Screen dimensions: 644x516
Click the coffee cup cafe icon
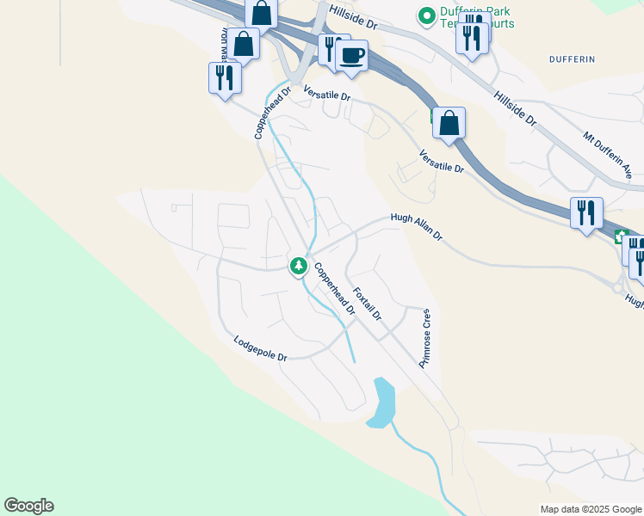pyautogui.click(x=352, y=57)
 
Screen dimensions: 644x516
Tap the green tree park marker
pyautogui.click(x=299, y=266)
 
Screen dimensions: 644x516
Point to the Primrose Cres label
pyautogui.click(x=424, y=339)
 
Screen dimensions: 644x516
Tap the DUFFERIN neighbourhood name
pyautogui.click(x=572, y=58)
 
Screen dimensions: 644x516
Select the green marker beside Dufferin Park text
pyautogui.click(x=425, y=15)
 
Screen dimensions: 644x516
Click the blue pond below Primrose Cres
pyautogui.click(x=381, y=402)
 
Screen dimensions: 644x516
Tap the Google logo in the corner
pyautogui.click(x=28, y=506)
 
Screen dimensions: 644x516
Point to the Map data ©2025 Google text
pyautogui.click(x=590, y=509)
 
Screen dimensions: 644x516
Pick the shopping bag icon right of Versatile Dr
pyautogui.click(x=449, y=124)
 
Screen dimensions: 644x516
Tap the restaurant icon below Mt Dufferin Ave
pyautogui.click(x=586, y=212)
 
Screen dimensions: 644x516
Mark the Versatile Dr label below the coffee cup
pyautogui.click(x=326, y=97)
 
